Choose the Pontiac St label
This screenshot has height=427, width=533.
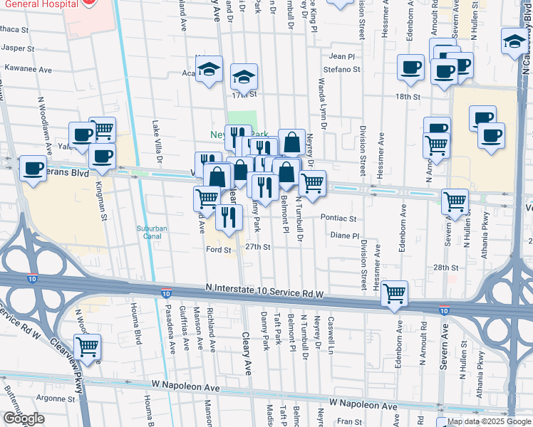[338, 219]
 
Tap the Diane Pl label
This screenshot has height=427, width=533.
[344, 236]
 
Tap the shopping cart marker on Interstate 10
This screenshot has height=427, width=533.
[394, 292]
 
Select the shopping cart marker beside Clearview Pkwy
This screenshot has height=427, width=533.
[88, 347]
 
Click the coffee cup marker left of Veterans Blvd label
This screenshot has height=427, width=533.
[33, 168]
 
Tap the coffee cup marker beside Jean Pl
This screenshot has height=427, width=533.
[410, 68]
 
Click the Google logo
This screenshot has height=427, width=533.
[24, 418]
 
